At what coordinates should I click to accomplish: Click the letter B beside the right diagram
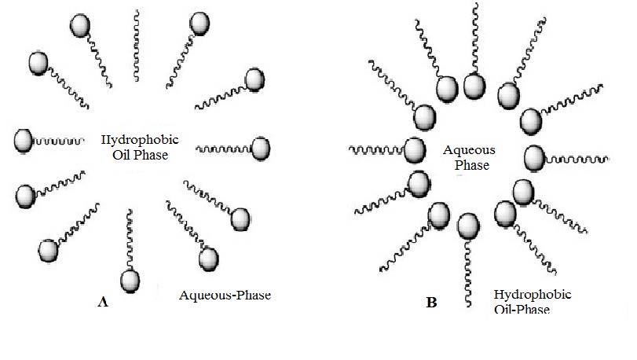click(431, 300)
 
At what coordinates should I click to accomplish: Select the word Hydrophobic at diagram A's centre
click(140, 140)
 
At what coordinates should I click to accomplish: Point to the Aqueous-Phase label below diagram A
click(225, 296)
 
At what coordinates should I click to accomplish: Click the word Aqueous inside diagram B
click(466, 149)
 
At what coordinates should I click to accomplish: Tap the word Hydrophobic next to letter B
click(533, 295)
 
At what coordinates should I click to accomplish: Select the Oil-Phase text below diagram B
click(522, 309)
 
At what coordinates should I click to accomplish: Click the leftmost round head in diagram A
click(24, 141)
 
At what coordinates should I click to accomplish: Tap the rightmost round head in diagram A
click(260, 147)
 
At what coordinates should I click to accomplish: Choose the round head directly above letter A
click(130, 280)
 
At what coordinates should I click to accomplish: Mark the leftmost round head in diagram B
click(413, 148)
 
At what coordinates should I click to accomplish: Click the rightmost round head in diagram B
click(535, 157)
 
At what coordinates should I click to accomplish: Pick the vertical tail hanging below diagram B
click(467, 271)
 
